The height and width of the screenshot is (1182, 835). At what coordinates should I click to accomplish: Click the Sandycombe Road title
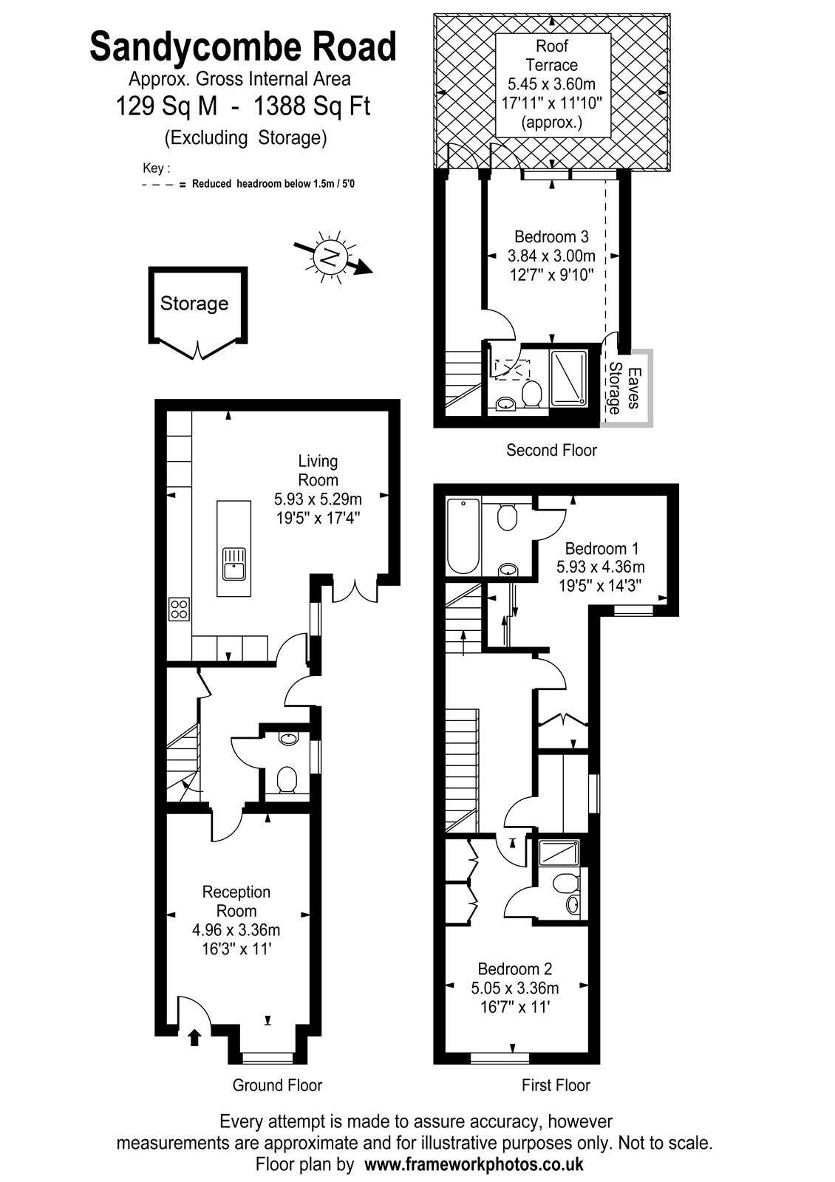pyautogui.click(x=243, y=47)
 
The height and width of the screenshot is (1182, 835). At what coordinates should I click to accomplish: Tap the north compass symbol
pyautogui.click(x=333, y=258)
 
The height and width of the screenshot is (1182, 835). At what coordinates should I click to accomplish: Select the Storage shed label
pyautogui.click(x=194, y=304)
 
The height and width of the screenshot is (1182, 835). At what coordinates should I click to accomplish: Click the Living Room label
pyautogui.click(x=318, y=470)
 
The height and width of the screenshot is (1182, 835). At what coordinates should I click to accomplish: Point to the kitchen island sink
pyautogui.click(x=234, y=564)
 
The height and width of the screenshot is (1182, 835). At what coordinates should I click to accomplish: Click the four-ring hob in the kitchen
pyautogui.click(x=179, y=609)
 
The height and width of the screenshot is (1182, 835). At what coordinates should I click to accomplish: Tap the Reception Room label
pyautogui.click(x=236, y=901)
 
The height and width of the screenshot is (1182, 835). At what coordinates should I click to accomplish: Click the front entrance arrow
pyautogui.click(x=195, y=1037)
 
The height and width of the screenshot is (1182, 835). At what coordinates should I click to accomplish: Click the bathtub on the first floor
pyautogui.click(x=463, y=536)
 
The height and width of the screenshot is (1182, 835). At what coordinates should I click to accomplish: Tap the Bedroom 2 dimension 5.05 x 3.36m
pyautogui.click(x=514, y=988)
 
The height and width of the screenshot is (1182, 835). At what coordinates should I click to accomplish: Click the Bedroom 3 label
pyautogui.click(x=551, y=236)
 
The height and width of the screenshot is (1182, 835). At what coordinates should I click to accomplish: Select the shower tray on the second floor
pyautogui.click(x=568, y=378)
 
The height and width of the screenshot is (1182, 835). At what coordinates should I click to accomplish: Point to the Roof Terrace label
pyautogui.click(x=551, y=55)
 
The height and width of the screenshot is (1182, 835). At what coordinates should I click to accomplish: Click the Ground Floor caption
pyautogui.click(x=277, y=1085)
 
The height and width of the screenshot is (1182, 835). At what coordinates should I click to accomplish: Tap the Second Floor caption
pyautogui.click(x=551, y=450)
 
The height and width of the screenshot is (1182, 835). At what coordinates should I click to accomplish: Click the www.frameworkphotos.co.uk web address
pyautogui.click(x=474, y=1164)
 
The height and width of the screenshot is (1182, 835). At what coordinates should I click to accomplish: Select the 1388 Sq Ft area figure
pyautogui.click(x=312, y=106)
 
